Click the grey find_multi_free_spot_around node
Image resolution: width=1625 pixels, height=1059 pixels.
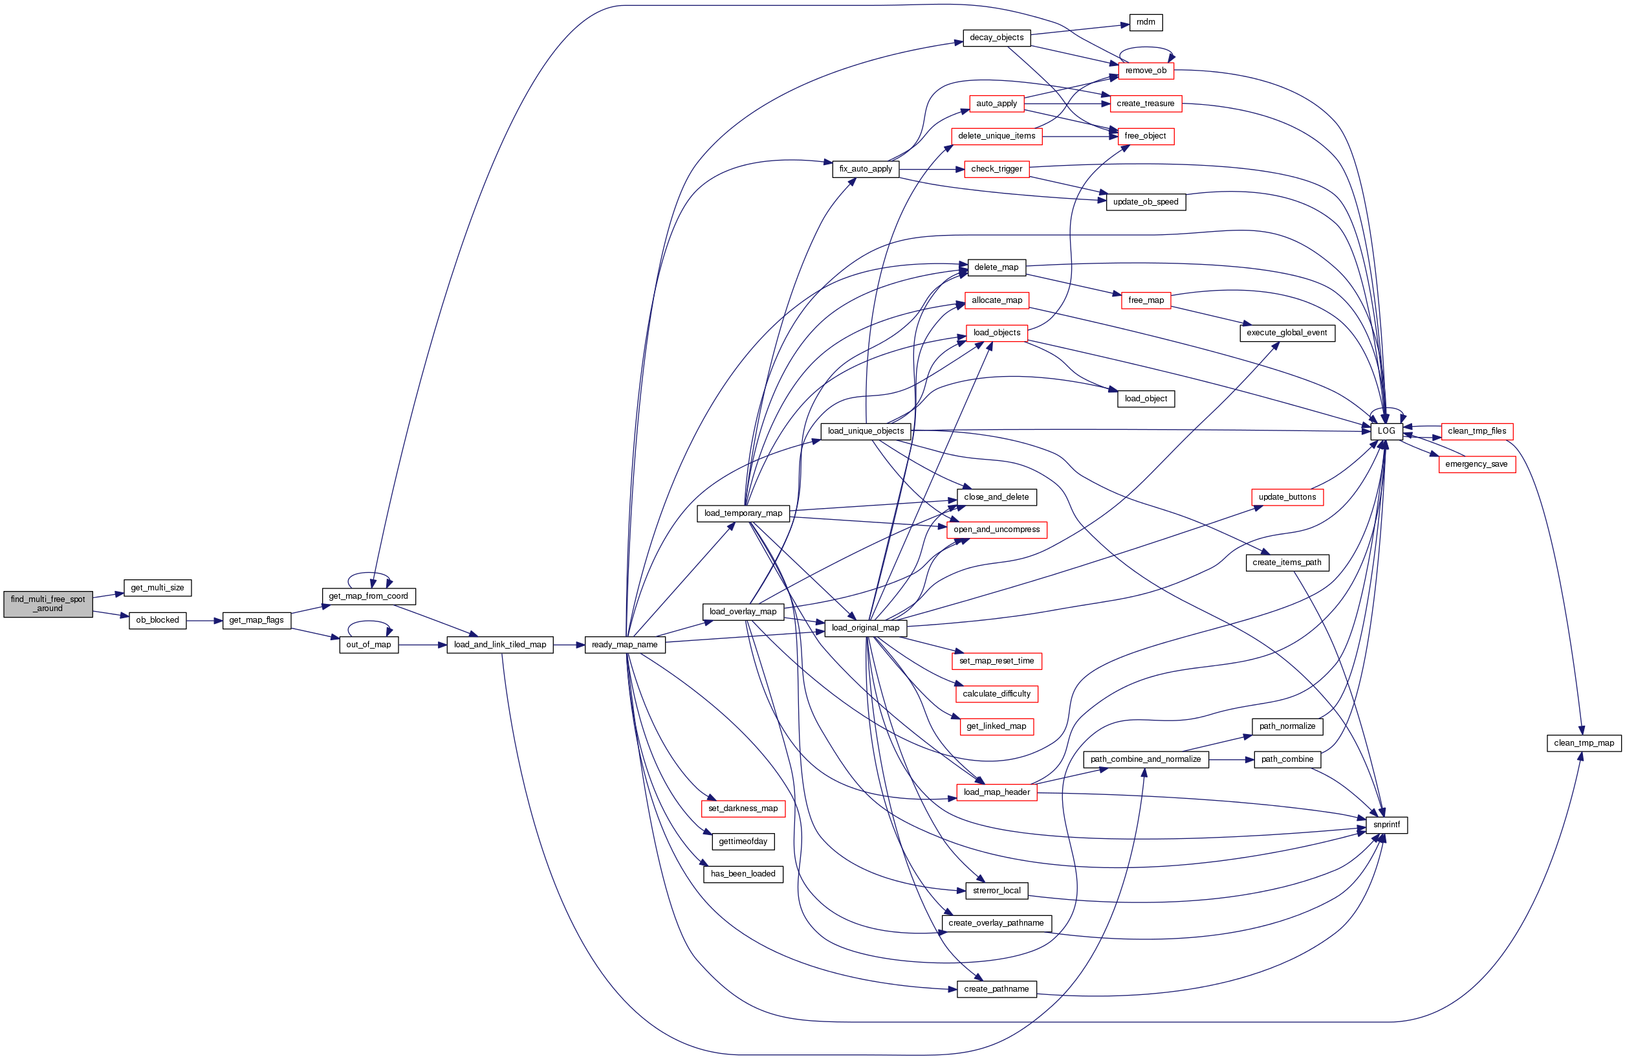point(48,604)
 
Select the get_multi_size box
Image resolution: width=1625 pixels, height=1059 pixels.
point(157,588)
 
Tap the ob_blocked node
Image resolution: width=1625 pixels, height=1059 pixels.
point(157,620)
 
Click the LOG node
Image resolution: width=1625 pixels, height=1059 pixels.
point(1386,431)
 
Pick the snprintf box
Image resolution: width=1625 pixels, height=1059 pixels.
point(1386,825)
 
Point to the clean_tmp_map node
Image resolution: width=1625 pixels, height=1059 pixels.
point(1584,742)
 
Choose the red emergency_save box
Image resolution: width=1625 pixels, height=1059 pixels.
point(1476,464)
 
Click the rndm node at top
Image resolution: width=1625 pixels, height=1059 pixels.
point(1145,22)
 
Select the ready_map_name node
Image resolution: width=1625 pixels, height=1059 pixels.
point(624,644)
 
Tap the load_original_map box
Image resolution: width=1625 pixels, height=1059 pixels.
point(865,628)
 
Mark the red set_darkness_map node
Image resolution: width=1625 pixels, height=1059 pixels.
point(743,808)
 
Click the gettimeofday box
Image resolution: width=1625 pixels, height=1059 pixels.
point(743,841)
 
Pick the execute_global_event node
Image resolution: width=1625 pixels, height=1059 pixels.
point(1286,333)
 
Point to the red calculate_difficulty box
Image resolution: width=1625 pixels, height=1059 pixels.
point(996,693)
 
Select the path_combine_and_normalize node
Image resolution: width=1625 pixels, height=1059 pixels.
point(1145,759)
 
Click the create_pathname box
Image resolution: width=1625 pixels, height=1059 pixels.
point(996,988)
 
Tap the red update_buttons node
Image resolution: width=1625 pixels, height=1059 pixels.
point(1286,496)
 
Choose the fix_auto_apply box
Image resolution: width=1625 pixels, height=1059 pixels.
point(865,169)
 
